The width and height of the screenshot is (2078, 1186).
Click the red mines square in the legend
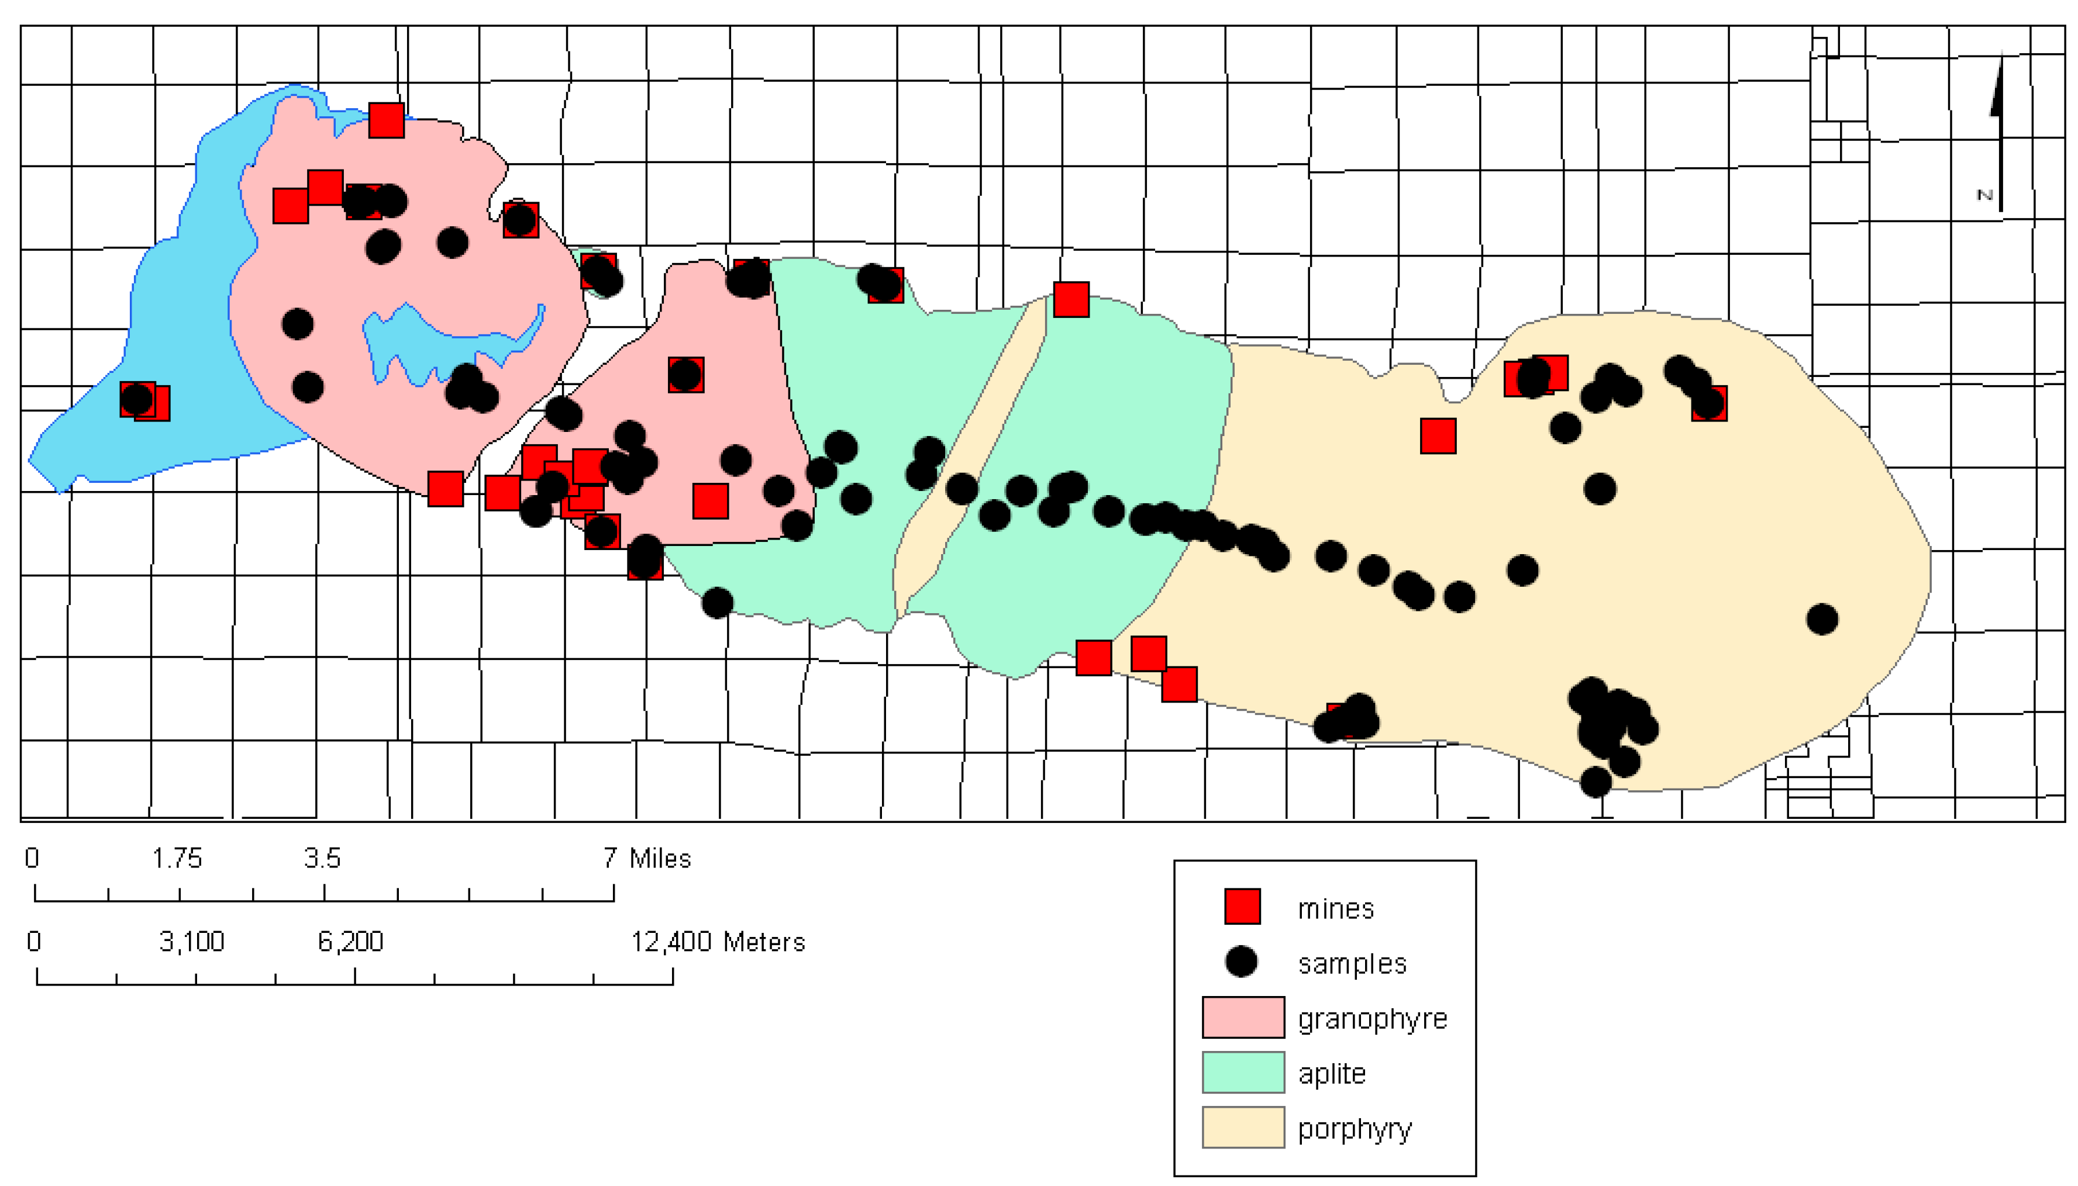[1242, 907]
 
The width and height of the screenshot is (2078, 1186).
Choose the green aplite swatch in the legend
[1243, 1072]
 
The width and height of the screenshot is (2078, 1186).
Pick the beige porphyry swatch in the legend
[1243, 1128]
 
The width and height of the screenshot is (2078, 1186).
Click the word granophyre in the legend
[1372, 1019]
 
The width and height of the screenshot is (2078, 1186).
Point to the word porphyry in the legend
[1355, 1129]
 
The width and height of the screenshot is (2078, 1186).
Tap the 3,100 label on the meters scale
[191, 942]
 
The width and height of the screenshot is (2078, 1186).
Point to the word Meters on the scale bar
[764, 942]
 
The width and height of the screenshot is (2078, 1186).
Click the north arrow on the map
[1998, 130]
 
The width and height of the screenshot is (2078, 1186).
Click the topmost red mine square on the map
[386, 120]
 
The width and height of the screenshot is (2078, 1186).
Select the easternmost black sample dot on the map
[1822, 619]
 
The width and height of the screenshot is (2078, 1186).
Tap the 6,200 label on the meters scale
[350, 942]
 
